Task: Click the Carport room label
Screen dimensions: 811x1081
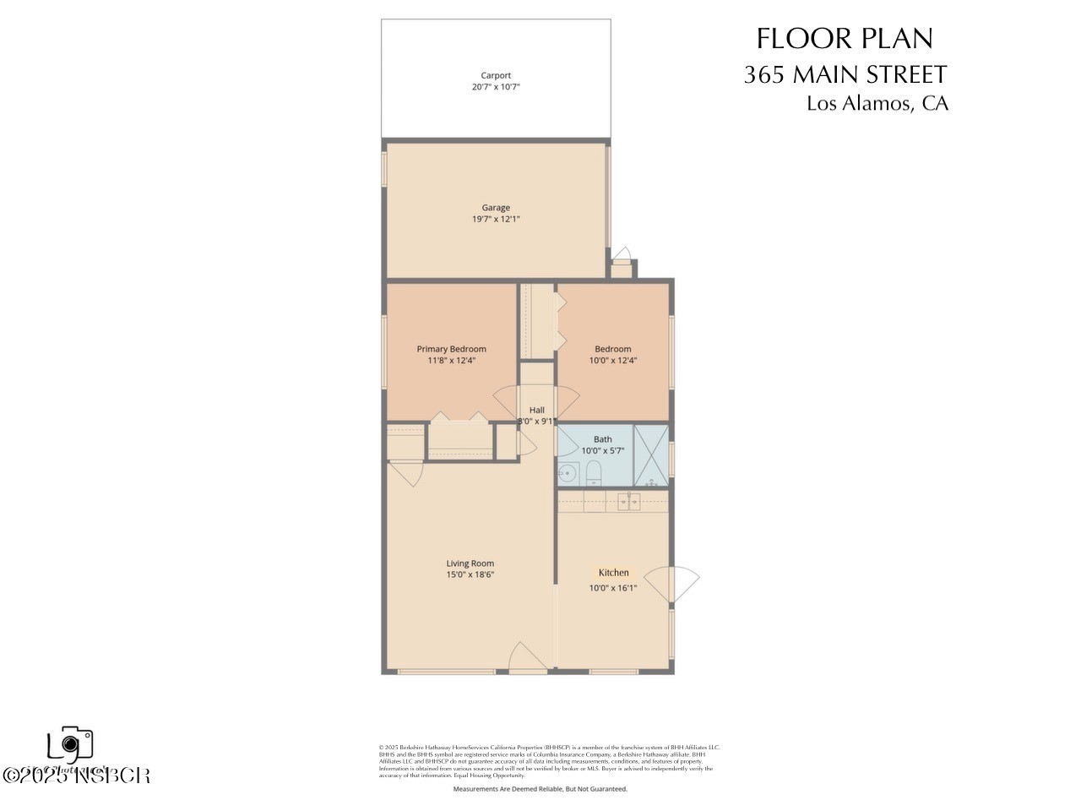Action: point(496,75)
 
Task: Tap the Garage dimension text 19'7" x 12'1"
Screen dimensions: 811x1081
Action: point(496,219)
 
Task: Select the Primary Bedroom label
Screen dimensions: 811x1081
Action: point(451,349)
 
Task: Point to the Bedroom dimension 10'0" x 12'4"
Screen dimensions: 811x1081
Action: point(612,360)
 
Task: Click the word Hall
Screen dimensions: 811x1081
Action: point(536,410)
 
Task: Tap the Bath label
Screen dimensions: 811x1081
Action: point(602,439)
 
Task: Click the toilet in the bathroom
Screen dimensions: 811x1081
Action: point(593,471)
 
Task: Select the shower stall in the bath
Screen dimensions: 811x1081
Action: point(650,455)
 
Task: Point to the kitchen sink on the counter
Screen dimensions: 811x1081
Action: point(627,502)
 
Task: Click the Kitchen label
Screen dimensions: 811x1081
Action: point(613,573)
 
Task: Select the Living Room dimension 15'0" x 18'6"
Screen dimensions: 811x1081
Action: point(470,574)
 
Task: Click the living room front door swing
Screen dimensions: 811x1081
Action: point(528,657)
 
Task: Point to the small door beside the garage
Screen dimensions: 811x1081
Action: point(622,256)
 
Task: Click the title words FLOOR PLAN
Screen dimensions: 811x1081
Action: point(845,39)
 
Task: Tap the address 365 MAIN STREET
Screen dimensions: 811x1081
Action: point(845,74)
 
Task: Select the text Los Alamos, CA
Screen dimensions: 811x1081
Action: point(877,104)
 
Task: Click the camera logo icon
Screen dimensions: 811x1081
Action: point(70,744)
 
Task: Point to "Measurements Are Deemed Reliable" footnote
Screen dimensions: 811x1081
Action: point(540,789)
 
